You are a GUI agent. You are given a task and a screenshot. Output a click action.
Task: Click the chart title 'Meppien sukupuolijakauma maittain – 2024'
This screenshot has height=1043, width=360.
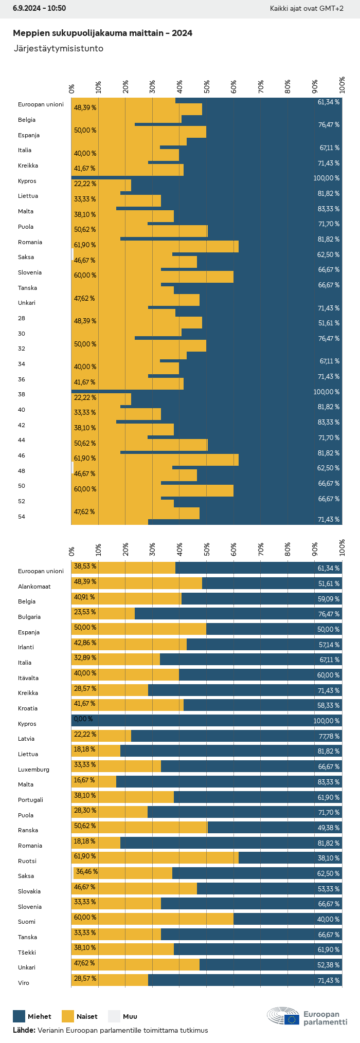tap(102, 33)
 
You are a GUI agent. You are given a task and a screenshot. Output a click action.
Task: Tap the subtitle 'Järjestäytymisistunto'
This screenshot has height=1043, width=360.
tap(58, 48)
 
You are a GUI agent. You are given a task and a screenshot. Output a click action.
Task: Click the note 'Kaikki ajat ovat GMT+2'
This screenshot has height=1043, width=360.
tap(307, 8)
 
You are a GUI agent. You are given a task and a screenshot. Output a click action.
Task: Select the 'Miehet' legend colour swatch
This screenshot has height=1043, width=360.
tap(19, 1016)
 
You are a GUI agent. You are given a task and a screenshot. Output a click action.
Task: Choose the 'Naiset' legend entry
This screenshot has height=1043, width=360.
tap(79, 1016)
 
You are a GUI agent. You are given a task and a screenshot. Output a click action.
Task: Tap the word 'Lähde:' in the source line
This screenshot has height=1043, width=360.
tap(24, 1030)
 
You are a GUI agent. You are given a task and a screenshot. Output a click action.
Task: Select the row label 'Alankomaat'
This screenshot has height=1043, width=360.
tap(34, 587)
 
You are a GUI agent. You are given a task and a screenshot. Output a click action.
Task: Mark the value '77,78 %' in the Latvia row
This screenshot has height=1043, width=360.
tap(329, 736)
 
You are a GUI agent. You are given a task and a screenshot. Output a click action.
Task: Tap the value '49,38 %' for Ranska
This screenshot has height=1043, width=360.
tap(329, 828)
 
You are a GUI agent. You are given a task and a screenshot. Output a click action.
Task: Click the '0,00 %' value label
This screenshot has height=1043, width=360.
tap(83, 719)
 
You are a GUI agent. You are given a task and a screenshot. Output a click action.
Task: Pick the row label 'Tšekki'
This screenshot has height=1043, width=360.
tap(28, 953)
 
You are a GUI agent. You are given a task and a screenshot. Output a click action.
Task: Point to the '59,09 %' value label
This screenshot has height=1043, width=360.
tap(329, 599)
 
